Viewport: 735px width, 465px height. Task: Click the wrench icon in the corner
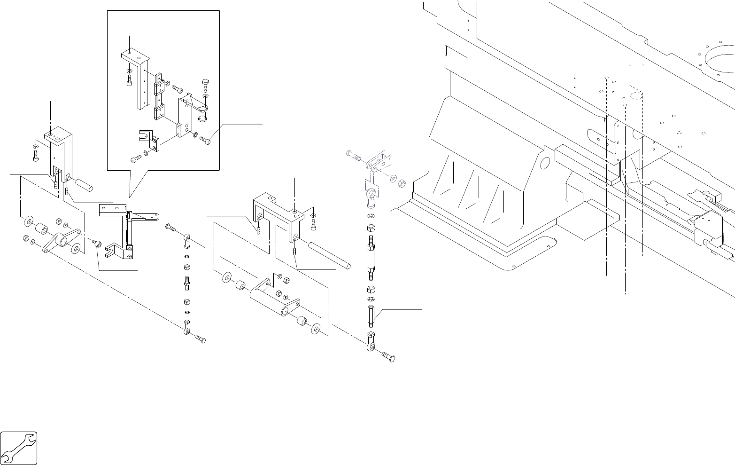(x=19, y=448)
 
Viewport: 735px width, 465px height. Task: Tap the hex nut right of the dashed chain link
(x=402, y=183)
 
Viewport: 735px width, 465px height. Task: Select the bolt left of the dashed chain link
(x=354, y=155)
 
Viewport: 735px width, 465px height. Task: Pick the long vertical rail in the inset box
(x=143, y=85)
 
